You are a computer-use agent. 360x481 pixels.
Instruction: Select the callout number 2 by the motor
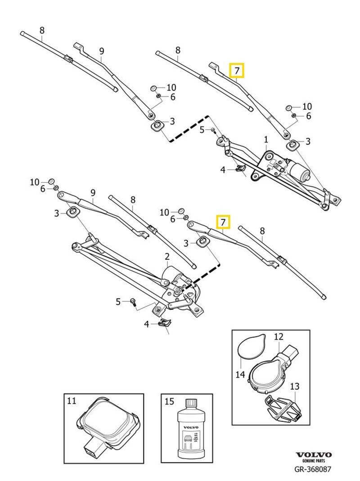(167, 257)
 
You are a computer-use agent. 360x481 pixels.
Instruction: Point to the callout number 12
(279, 336)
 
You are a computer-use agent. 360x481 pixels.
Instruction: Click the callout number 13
(294, 386)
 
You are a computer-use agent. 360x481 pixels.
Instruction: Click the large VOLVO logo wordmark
(314, 455)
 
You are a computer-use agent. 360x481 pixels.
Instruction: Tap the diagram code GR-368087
(313, 469)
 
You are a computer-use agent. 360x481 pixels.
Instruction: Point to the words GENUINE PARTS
(314, 461)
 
